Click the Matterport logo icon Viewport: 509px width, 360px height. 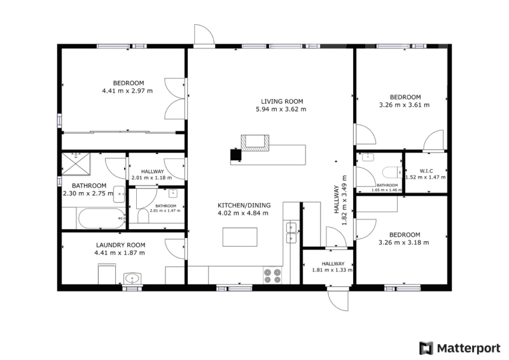click(x=426, y=348)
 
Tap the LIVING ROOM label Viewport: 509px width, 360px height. click(x=282, y=102)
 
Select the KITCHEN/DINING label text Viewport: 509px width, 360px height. click(x=244, y=205)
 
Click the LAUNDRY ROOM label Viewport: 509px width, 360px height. click(x=120, y=246)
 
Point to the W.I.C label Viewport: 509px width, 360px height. click(x=426, y=170)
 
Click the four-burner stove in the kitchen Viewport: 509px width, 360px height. click(x=272, y=275)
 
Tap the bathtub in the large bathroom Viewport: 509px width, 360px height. click(x=102, y=218)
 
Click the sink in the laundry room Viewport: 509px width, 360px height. click(x=132, y=279)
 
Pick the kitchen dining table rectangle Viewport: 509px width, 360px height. click(x=240, y=237)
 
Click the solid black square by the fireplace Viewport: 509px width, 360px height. click(x=235, y=155)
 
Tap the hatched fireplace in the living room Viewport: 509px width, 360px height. click(x=255, y=143)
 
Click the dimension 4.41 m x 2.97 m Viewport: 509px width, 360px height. click(x=127, y=91)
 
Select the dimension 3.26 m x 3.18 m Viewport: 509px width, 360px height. click(x=404, y=243)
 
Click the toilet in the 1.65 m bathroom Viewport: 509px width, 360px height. click(x=392, y=172)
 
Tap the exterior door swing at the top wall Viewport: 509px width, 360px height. click(x=204, y=34)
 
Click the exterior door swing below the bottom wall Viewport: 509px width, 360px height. click(x=338, y=300)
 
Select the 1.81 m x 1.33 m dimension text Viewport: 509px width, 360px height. click(x=332, y=270)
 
